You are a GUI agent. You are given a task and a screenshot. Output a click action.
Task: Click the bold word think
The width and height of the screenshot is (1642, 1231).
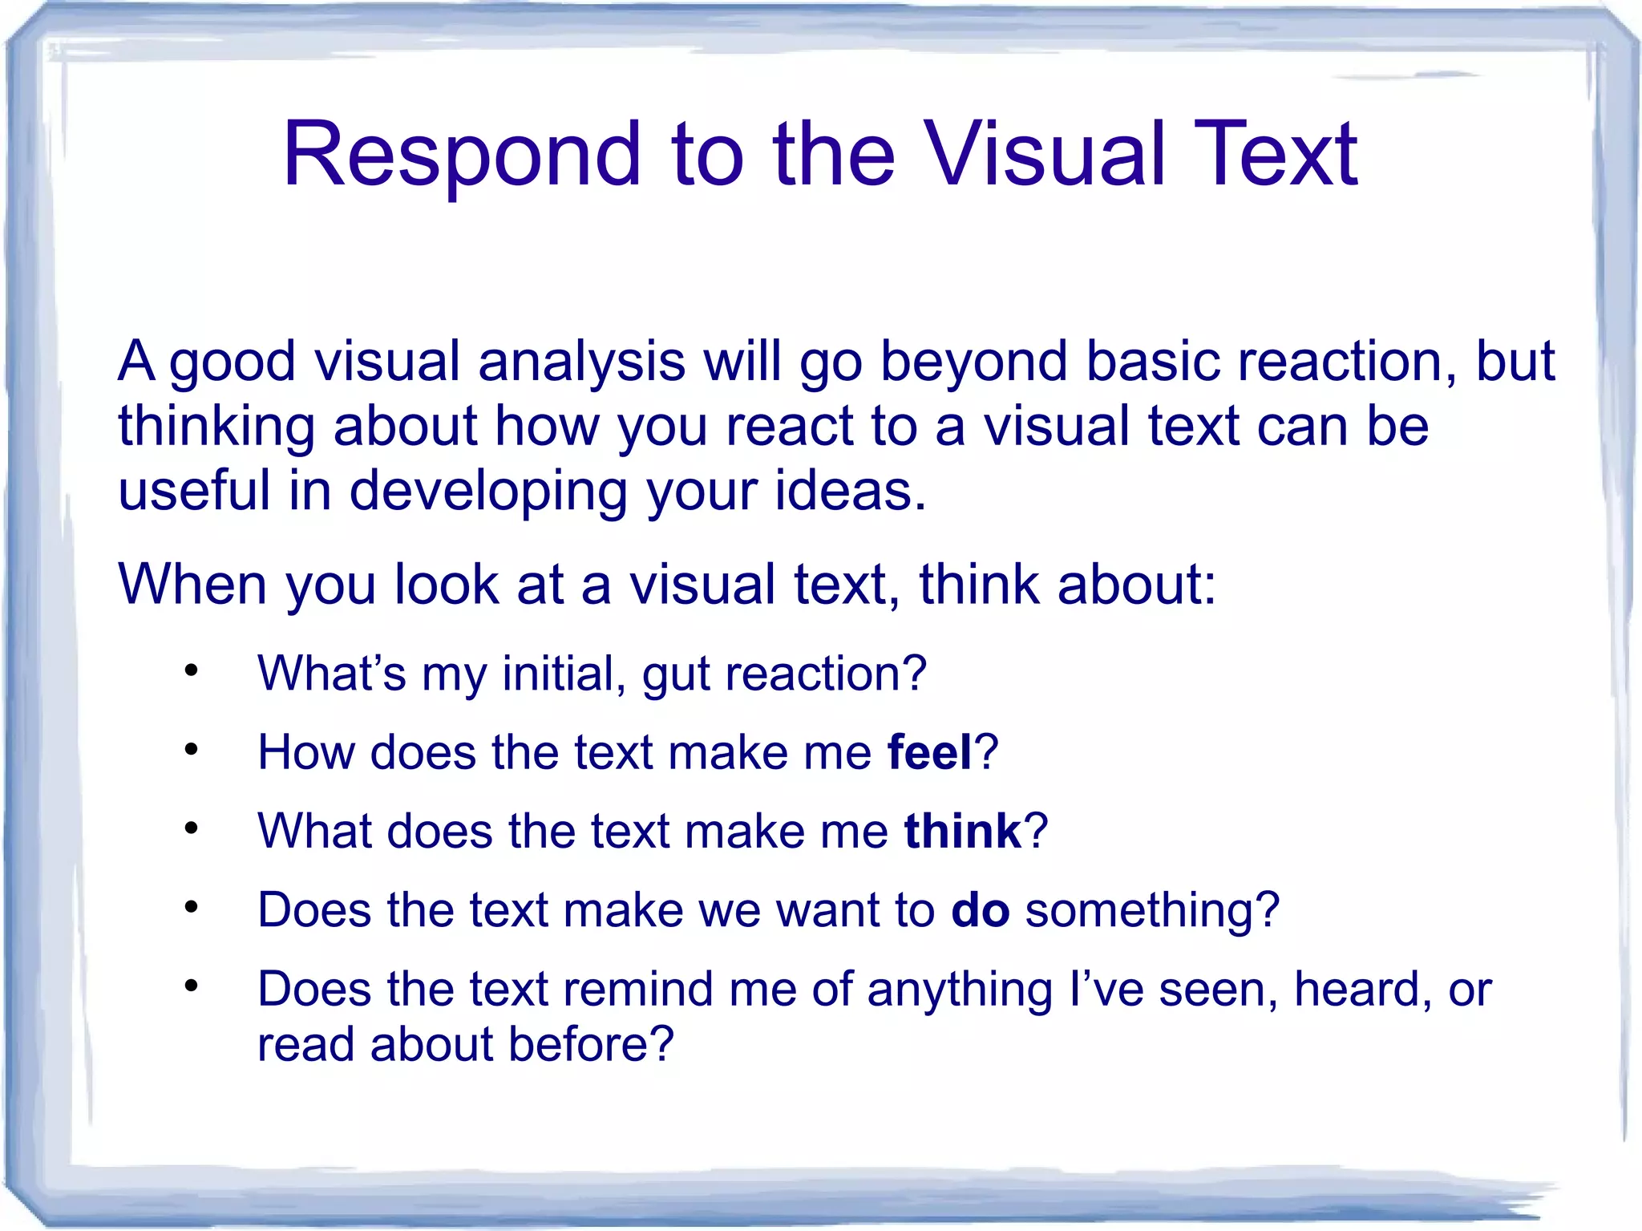[x=962, y=831]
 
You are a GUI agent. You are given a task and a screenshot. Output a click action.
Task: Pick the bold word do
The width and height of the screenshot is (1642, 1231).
[x=980, y=910]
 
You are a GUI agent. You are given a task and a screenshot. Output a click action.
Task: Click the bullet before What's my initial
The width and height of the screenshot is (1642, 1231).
[x=191, y=670]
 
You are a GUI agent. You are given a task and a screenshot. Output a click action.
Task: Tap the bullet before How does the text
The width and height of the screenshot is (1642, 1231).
[x=191, y=750]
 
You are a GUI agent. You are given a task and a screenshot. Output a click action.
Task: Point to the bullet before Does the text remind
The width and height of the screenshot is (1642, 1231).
[x=191, y=986]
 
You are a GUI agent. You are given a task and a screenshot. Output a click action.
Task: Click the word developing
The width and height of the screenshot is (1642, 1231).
[x=488, y=491]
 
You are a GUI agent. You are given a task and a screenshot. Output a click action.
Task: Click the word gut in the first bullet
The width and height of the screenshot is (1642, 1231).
[x=676, y=674]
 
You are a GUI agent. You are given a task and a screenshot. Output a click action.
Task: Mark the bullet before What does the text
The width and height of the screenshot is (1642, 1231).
[x=191, y=828]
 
